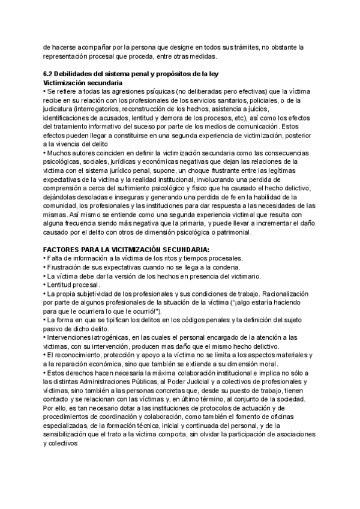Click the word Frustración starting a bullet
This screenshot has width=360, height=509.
point(67,267)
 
